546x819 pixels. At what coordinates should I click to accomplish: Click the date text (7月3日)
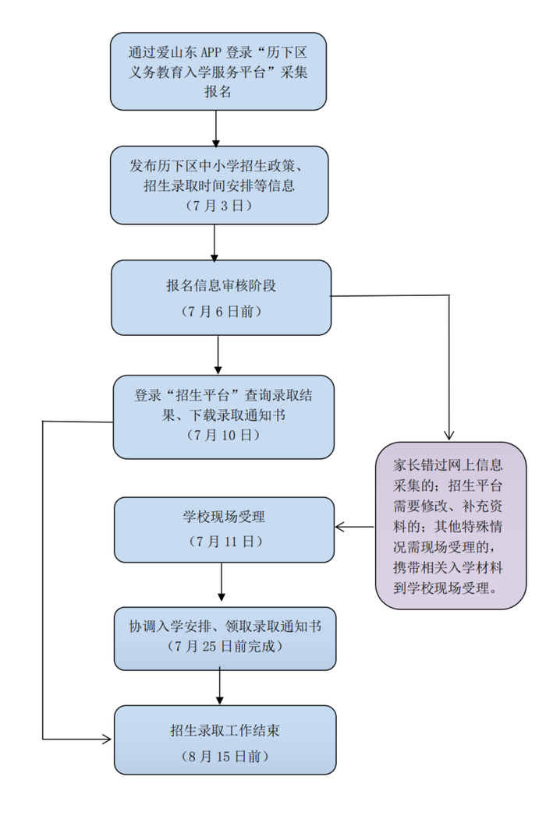point(218,207)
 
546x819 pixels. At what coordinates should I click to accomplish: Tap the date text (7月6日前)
point(221,312)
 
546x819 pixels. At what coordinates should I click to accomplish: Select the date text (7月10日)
point(223,436)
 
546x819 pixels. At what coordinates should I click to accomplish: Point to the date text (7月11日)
point(225,540)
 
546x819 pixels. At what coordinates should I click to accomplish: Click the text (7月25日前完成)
point(225,646)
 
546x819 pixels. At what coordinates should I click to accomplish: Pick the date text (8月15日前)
point(225,756)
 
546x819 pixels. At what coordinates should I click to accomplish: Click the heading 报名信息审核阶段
point(221,285)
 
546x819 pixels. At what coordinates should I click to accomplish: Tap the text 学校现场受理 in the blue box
point(225,516)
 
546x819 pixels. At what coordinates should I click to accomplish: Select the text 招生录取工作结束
point(225,730)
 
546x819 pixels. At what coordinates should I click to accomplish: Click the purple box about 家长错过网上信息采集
point(450,525)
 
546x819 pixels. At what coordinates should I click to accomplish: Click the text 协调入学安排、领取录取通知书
point(225,626)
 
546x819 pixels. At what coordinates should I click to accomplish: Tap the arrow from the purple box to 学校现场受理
point(355,528)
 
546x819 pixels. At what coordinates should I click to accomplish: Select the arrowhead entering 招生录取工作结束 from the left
point(107,738)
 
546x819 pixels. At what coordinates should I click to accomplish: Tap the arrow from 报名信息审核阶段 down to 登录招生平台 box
point(218,355)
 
